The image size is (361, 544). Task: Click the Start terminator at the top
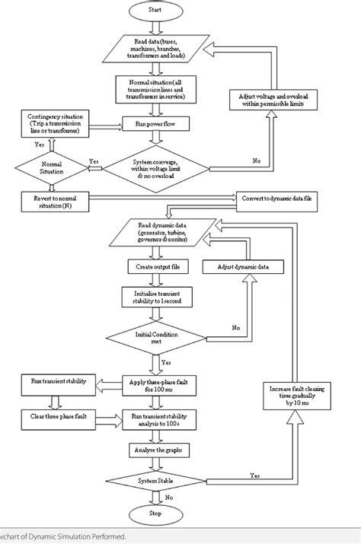tap(155, 13)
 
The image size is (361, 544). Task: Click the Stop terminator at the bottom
tap(155, 514)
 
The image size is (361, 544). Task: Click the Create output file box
tap(155, 267)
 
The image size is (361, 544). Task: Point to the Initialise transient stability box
tap(155, 297)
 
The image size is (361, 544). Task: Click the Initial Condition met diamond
tap(155, 336)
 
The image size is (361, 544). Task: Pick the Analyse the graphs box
tap(155, 450)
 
